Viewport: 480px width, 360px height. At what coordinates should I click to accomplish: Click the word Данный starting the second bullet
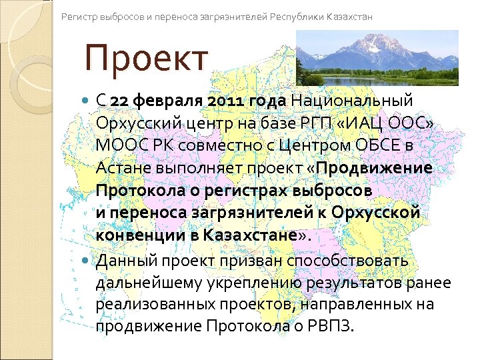click(123, 259)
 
